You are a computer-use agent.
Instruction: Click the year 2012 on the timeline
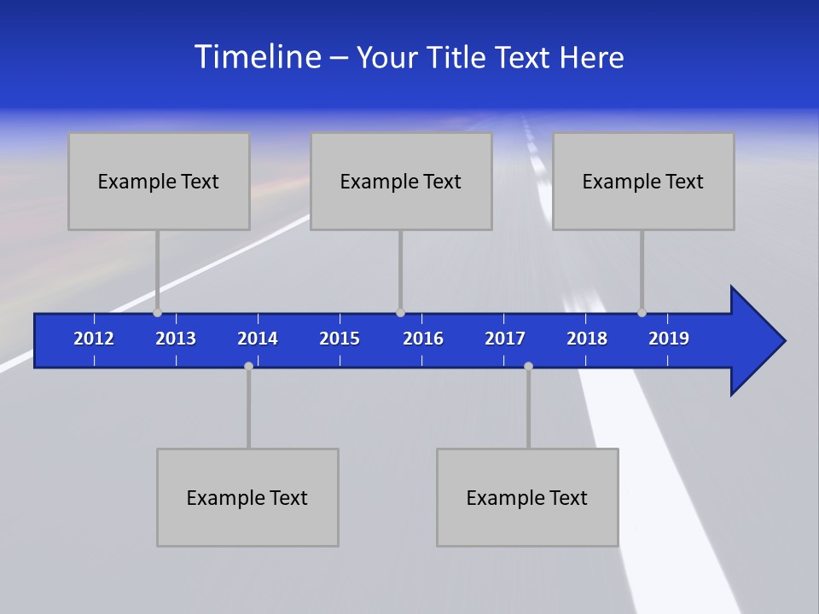point(94,339)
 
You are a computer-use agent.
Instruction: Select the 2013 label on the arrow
point(176,339)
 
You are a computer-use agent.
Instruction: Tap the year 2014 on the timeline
point(258,339)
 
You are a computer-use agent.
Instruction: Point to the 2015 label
point(340,339)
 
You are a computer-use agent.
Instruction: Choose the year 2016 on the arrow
point(423,339)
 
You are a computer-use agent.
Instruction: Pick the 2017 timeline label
point(505,339)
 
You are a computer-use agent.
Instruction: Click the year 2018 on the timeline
point(587,339)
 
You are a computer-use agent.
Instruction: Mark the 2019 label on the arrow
point(669,339)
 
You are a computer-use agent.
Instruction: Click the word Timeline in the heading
point(257,56)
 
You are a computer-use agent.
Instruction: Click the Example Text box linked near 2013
point(159,181)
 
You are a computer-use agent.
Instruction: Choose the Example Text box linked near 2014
point(247,497)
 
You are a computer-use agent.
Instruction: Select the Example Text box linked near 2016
point(401,181)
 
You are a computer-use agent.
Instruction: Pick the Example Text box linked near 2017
point(527,497)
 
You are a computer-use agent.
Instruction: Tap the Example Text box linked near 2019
point(643,181)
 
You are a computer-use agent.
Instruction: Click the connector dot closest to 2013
point(158,313)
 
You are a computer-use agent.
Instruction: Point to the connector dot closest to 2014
point(248,366)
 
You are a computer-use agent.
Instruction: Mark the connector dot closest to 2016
point(400,313)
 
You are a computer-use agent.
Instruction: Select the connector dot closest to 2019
point(642,313)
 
